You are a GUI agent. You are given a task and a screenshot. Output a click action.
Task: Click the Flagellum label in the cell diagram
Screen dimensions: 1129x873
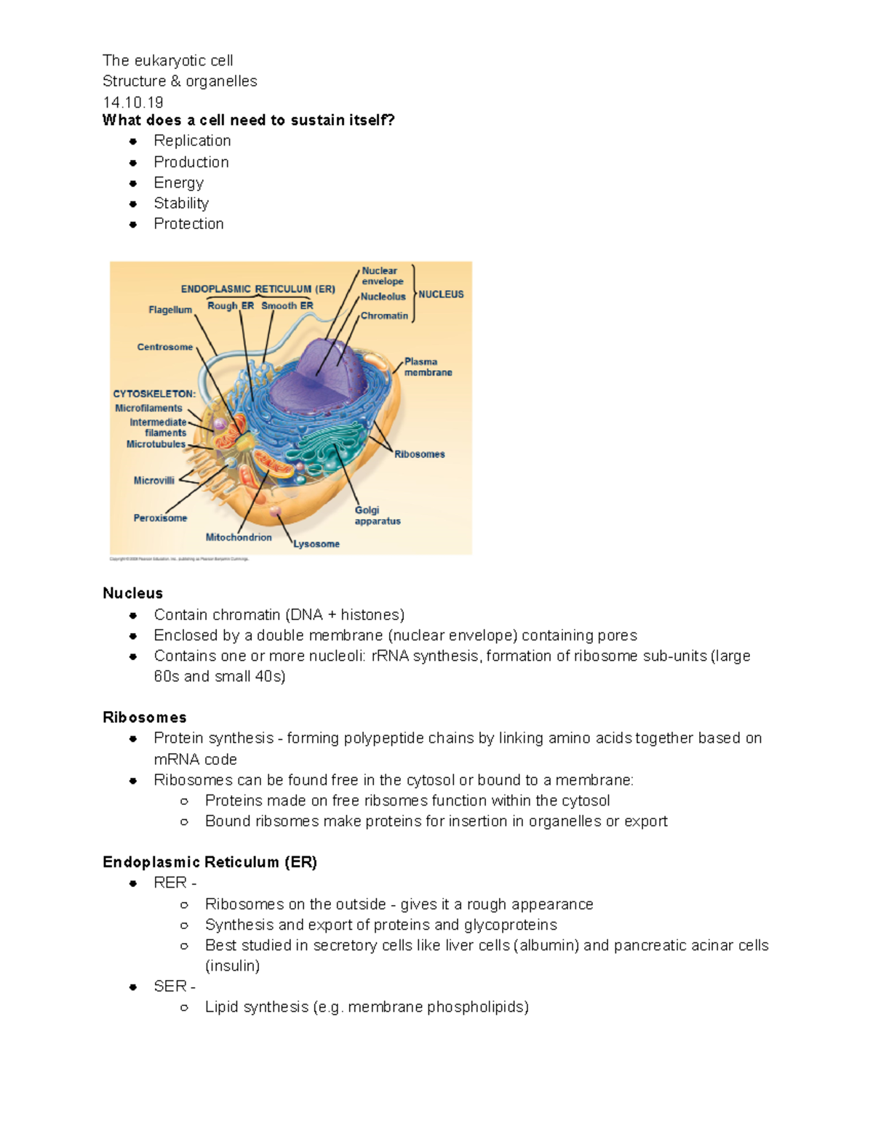pyautogui.click(x=170, y=310)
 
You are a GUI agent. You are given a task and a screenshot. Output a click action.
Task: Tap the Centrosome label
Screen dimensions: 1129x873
pyautogui.click(x=165, y=347)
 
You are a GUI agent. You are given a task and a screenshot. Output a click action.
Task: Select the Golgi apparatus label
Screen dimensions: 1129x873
pyautogui.click(x=377, y=515)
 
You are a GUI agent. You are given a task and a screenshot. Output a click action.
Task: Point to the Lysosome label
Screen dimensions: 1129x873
pyautogui.click(x=316, y=544)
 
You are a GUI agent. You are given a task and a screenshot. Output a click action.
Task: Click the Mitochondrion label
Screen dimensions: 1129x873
pyautogui.click(x=239, y=537)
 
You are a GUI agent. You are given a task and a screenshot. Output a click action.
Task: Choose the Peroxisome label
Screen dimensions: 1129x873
pyautogui.click(x=160, y=518)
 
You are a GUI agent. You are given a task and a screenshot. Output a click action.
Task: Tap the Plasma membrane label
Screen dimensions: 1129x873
pyautogui.click(x=428, y=366)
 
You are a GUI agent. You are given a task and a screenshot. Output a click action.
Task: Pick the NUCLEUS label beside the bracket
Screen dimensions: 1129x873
pyautogui.click(x=441, y=294)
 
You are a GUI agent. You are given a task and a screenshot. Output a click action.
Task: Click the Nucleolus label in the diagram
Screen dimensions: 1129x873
pyautogui.click(x=383, y=297)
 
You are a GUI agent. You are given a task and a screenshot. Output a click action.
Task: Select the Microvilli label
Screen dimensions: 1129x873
pyautogui.click(x=154, y=481)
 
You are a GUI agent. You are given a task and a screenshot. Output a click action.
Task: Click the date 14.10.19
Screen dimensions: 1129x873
pyautogui.click(x=132, y=102)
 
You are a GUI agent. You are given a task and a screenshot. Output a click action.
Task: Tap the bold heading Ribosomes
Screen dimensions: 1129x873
pyautogui.click(x=145, y=718)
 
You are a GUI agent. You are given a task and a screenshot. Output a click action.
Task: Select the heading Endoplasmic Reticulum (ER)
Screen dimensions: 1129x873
pyautogui.click(x=210, y=862)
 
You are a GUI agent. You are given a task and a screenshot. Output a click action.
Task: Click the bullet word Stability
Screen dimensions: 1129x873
pyautogui.click(x=181, y=204)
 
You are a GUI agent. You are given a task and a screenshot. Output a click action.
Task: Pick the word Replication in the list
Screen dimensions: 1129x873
pyautogui.click(x=192, y=141)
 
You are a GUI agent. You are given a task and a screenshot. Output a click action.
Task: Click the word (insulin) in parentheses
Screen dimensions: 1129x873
pyautogui.click(x=232, y=966)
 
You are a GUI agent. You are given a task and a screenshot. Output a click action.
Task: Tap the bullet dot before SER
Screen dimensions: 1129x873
pyautogui.click(x=133, y=987)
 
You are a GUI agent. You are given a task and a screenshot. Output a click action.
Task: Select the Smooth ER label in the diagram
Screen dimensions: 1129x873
pyautogui.click(x=287, y=306)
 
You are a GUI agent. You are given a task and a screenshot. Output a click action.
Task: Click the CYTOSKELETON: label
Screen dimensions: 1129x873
pyautogui.click(x=154, y=394)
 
